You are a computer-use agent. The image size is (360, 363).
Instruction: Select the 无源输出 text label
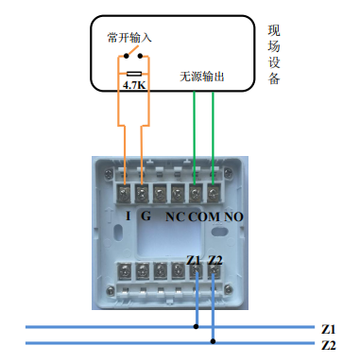(x=202, y=77)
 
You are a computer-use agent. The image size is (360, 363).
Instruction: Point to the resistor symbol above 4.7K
(x=133, y=72)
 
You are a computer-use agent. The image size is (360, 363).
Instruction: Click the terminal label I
(x=129, y=216)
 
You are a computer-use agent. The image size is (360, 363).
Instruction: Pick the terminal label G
(x=146, y=216)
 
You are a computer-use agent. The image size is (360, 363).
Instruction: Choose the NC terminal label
(x=175, y=216)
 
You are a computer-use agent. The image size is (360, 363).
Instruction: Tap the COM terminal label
(x=204, y=216)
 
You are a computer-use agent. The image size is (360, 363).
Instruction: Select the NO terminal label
(x=234, y=216)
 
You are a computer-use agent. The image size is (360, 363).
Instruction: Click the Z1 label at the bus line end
(x=329, y=328)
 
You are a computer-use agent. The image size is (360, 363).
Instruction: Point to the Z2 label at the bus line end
(x=329, y=345)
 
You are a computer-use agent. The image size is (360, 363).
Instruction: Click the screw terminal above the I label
(x=126, y=194)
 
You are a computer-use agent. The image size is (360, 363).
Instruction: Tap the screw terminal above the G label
(x=143, y=194)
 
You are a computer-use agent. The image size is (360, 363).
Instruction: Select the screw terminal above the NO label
(x=213, y=194)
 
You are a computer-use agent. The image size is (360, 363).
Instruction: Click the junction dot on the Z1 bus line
(x=197, y=327)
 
